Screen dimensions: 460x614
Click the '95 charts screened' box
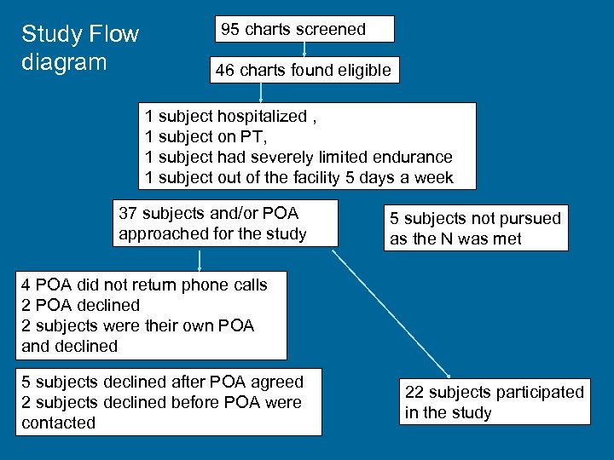tap(304, 29)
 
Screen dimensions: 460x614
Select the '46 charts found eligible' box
tap(304, 70)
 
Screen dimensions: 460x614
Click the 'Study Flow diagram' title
tap(79, 48)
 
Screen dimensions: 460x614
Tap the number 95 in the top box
tap(230, 29)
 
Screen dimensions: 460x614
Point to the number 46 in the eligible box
tap(225, 71)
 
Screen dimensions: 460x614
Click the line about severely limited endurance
tap(298, 157)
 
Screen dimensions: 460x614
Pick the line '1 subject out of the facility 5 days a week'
tap(298, 177)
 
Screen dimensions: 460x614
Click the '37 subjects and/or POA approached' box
tap(224, 223)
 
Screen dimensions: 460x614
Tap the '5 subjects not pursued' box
tap(475, 228)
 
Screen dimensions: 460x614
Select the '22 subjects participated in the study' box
tap(495, 402)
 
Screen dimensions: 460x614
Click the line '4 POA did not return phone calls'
tap(144, 285)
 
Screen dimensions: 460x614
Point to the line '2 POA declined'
tap(81, 305)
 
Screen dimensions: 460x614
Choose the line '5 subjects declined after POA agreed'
tap(162, 382)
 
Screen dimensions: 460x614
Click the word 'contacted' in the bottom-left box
tap(58, 423)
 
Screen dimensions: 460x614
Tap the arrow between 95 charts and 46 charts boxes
tap(304, 49)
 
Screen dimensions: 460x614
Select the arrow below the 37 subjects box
tap(200, 259)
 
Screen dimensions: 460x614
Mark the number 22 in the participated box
tap(414, 393)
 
